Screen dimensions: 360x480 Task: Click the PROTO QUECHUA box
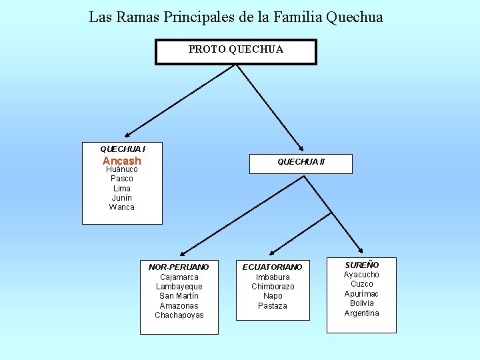click(235, 51)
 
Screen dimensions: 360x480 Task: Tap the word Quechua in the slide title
click(355, 17)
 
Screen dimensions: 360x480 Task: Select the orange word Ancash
click(122, 161)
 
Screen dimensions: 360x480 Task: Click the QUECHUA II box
click(301, 162)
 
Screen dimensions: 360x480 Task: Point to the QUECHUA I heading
click(123, 149)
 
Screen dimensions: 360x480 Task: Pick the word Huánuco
click(122, 169)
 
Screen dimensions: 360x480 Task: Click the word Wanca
click(122, 207)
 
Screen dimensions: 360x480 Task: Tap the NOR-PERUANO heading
click(179, 267)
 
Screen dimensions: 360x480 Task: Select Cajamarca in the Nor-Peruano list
click(179, 277)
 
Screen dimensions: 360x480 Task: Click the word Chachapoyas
click(179, 315)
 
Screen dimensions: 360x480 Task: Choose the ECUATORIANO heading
click(272, 267)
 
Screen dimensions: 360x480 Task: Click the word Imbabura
click(273, 277)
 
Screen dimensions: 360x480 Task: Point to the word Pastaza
click(273, 306)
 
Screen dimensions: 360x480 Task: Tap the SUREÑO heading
click(361, 265)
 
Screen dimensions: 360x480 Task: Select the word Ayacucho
click(361, 275)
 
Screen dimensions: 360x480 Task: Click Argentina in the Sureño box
click(361, 313)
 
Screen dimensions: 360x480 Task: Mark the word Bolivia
click(361, 303)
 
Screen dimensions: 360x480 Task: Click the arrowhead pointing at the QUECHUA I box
click(127, 135)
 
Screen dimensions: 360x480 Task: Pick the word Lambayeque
click(179, 287)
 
